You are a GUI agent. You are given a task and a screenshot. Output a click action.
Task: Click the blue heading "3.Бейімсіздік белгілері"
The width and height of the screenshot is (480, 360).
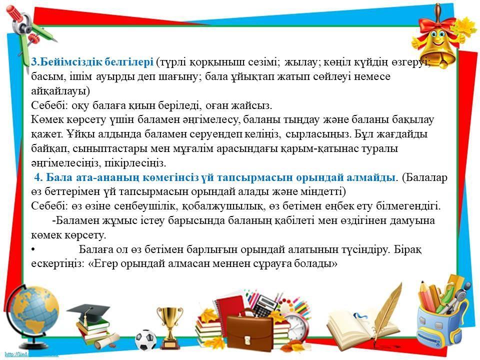[x=92, y=62]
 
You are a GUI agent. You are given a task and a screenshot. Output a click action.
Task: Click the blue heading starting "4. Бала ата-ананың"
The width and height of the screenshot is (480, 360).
[x=214, y=177]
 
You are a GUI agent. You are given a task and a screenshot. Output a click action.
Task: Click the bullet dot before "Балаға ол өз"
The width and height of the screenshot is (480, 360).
[x=33, y=250]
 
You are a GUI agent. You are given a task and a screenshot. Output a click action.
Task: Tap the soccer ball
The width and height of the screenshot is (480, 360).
[x=145, y=340]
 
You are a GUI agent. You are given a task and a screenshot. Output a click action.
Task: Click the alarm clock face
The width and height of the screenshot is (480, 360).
[x=297, y=324]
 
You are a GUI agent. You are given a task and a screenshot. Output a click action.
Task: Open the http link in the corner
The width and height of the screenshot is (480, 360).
[x=29, y=354]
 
